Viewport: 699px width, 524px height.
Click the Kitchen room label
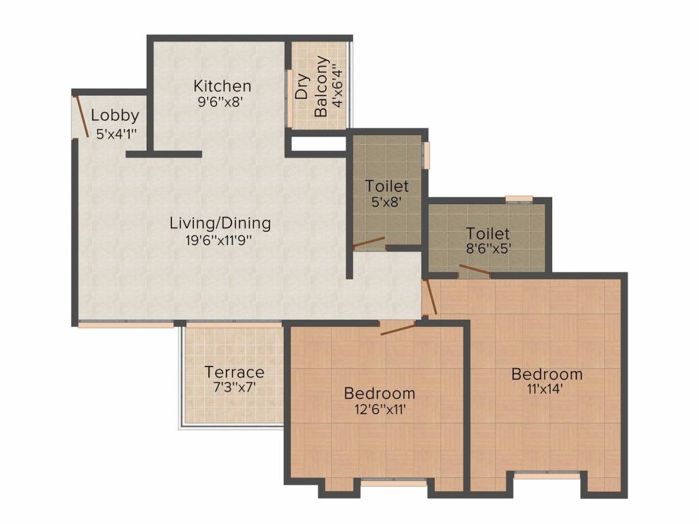pos(222,86)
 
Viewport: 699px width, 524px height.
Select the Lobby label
pos(115,115)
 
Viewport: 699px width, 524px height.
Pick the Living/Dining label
pos(220,222)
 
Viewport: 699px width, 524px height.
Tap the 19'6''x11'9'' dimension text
pos(216,240)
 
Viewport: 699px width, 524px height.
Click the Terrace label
pos(234,372)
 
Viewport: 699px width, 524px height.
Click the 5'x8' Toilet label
pos(386,186)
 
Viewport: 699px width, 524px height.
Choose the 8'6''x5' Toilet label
pos(487,233)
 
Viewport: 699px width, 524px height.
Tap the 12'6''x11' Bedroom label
pos(380,393)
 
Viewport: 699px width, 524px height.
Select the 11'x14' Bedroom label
pos(547,374)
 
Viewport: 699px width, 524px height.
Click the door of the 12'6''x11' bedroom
pos(398,329)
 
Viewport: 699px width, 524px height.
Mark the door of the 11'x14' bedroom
pos(428,297)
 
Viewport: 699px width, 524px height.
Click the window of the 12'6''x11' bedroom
pos(393,482)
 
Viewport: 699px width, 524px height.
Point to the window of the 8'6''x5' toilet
pos(519,199)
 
